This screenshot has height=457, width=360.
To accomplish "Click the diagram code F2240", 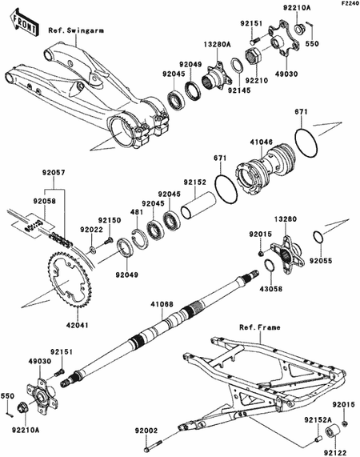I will (346, 5).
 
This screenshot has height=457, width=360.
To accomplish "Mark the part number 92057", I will (53, 172).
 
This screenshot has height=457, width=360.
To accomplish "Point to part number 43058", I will (269, 287).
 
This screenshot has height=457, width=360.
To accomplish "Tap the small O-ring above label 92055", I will (318, 237).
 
